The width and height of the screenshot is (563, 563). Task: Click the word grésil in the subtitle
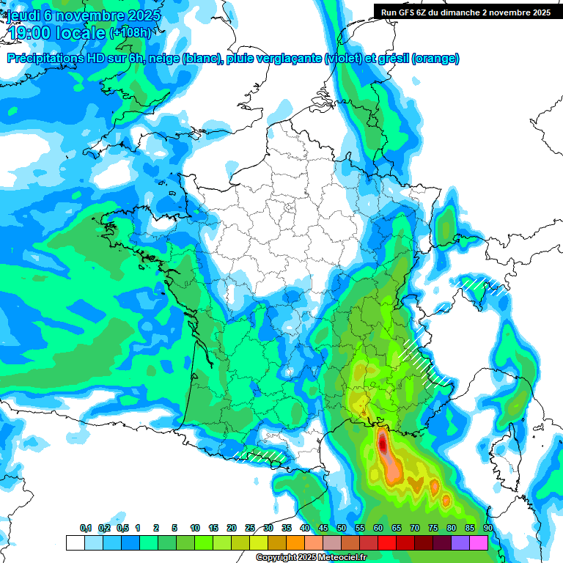(x=392, y=59)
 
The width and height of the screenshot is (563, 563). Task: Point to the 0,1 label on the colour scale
(x=86, y=528)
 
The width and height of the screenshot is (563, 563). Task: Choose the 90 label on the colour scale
(x=487, y=528)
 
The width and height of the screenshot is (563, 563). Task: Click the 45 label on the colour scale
(x=323, y=528)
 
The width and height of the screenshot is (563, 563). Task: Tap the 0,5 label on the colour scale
(x=122, y=528)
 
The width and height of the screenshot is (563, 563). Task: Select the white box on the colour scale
(x=75, y=542)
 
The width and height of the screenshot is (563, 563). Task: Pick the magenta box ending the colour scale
(x=479, y=542)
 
